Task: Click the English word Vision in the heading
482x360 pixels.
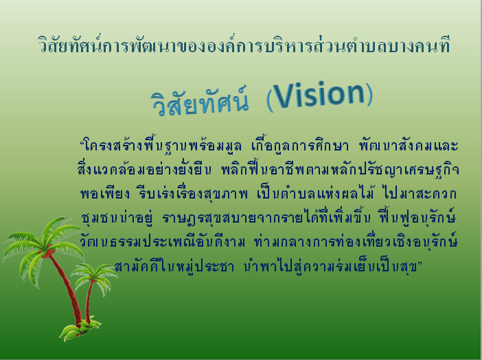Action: [x=319, y=95]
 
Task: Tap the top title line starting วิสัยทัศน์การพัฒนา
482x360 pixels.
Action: [x=244, y=45]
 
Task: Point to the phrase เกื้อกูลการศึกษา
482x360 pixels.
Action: [x=300, y=145]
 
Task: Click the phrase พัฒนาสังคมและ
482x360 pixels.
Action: [x=409, y=146]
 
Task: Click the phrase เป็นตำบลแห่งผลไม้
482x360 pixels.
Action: [x=315, y=193]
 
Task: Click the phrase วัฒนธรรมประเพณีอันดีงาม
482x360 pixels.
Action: [x=163, y=241]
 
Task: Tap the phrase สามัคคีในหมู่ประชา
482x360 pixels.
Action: [x=174, y=266]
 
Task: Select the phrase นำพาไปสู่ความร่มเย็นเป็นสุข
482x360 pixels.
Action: [x=331, y=266]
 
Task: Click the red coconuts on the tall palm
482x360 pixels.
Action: [x=47, y=252]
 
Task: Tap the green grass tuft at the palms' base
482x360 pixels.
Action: [x=80, y=329]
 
